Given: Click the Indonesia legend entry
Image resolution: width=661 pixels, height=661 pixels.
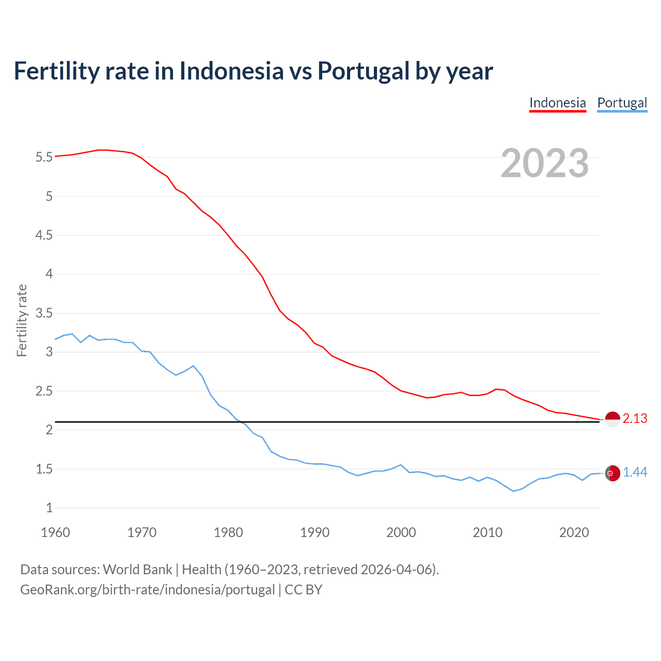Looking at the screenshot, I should click(558, 103).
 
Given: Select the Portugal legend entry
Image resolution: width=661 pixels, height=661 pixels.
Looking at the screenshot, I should click(622, 103).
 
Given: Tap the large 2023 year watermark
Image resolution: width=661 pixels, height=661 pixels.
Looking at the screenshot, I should click(544, 163).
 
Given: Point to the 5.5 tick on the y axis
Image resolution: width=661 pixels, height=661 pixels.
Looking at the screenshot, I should click(44, 157).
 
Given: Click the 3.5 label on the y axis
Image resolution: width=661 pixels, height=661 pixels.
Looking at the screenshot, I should click(44, 313).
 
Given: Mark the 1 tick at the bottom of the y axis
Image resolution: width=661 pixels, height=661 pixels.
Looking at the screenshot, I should click(49, 508).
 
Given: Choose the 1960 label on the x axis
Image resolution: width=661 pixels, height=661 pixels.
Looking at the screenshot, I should click(55, 532).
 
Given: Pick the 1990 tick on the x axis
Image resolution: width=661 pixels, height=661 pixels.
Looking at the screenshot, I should click(314, 532).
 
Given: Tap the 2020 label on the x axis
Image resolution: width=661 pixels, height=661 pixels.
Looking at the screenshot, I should click(574, 532).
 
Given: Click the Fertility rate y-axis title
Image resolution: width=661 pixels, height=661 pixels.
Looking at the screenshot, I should click(22, 320).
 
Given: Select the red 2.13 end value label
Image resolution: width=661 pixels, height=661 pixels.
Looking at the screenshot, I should click(635, 419).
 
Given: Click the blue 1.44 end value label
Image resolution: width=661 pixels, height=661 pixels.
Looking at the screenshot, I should click(635, 473).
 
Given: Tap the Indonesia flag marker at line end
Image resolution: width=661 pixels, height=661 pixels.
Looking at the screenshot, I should click(612, 420).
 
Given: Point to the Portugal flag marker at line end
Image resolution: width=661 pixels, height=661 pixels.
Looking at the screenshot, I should click(612, 473).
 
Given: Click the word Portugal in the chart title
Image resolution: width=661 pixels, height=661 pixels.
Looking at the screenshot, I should click(363, 71).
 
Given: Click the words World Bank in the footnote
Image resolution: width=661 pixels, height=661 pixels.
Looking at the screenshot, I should click(137, 570).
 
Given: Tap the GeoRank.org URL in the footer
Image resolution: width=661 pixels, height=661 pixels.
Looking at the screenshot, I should click(147, 590).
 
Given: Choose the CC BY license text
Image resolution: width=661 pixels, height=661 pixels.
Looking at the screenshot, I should click(304, 590).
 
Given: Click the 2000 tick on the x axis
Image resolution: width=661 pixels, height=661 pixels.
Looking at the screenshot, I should click(401, 532).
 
